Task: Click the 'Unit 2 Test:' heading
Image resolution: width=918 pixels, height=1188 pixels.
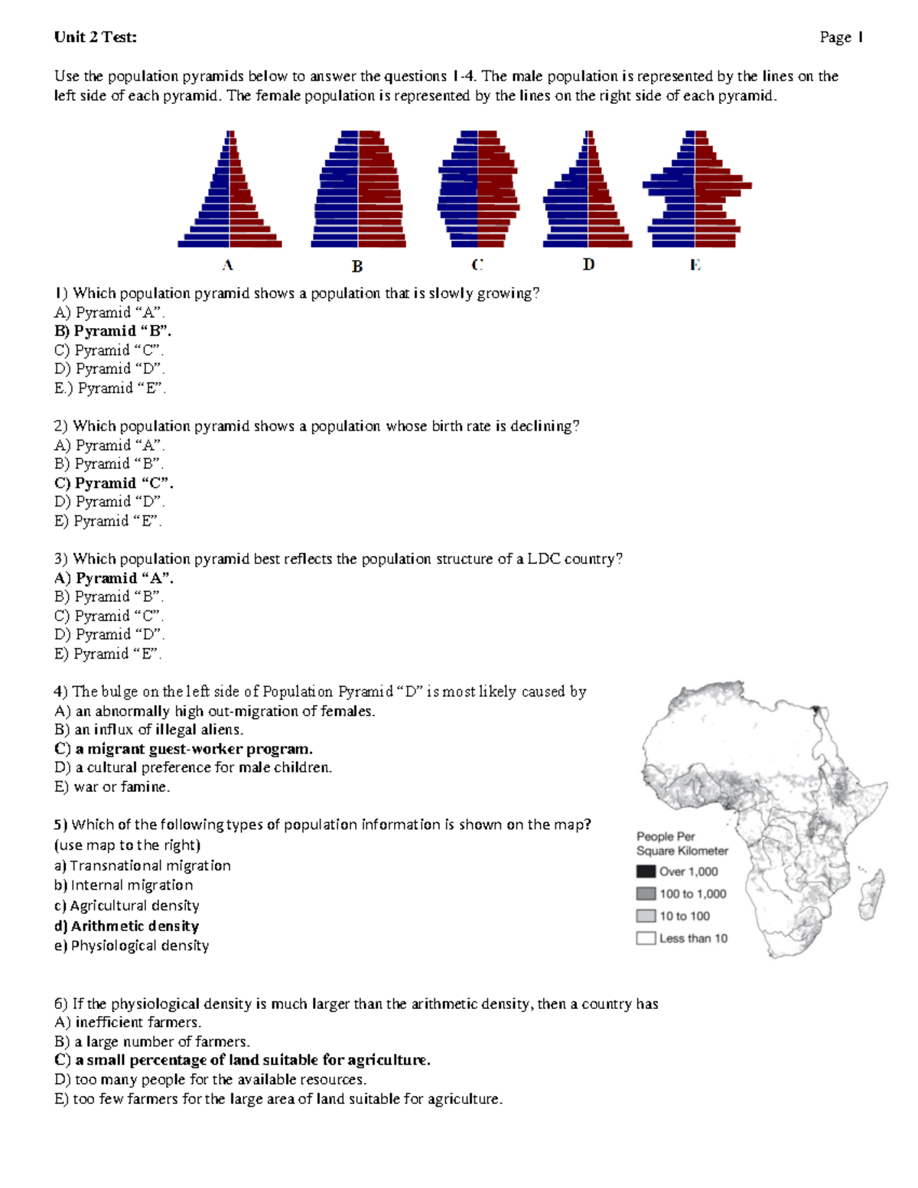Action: [96, 37]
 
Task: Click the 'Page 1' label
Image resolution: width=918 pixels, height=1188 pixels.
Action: [841, 37]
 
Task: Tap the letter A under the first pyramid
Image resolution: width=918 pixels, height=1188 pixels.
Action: [227, 265]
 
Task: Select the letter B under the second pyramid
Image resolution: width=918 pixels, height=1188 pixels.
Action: [356, 266]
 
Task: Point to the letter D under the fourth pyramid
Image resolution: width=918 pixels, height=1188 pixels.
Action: [588, 265]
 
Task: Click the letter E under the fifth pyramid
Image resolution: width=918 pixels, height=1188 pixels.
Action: [695, 265]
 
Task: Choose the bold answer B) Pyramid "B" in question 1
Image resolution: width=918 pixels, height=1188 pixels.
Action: [113, 331]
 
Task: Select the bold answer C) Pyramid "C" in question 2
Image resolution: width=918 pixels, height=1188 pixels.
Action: [114, 483]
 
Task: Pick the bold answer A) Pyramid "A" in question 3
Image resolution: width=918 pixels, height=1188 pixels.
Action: [114, 578]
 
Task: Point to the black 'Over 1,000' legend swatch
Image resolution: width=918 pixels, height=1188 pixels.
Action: [646, 871]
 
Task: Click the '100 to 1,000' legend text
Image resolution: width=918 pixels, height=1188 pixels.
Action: [692, 893]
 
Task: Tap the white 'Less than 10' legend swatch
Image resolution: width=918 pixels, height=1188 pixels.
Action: [646, 938]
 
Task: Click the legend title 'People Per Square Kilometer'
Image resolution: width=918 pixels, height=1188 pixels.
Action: [682, 843]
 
